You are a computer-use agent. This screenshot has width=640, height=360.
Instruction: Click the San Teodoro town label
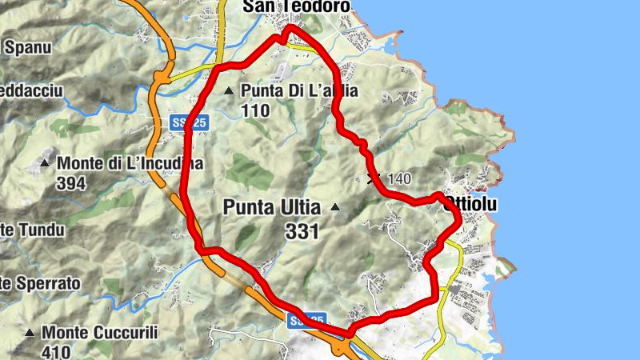296,6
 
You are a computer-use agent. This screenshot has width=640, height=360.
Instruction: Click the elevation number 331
302,232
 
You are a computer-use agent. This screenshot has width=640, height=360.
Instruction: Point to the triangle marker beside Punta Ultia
335,208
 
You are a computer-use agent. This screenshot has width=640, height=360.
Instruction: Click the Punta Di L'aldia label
298,91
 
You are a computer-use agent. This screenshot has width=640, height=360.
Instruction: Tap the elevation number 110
254,111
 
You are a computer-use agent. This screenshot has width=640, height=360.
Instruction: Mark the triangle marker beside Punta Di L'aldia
230,91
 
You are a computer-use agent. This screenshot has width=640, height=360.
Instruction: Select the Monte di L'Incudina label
130,164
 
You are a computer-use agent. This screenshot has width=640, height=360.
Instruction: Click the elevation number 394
72,183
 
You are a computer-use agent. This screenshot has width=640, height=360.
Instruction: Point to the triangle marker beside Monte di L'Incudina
46,164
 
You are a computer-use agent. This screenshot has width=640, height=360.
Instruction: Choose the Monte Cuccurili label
100,332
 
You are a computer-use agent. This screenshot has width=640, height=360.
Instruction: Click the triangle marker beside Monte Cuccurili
30,332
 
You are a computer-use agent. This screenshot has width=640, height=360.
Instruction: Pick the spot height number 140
400,179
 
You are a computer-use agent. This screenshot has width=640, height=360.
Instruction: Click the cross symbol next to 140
372,178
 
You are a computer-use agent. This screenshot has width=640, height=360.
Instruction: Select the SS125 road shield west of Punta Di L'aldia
190,122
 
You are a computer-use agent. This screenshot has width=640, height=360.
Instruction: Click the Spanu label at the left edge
27,47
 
